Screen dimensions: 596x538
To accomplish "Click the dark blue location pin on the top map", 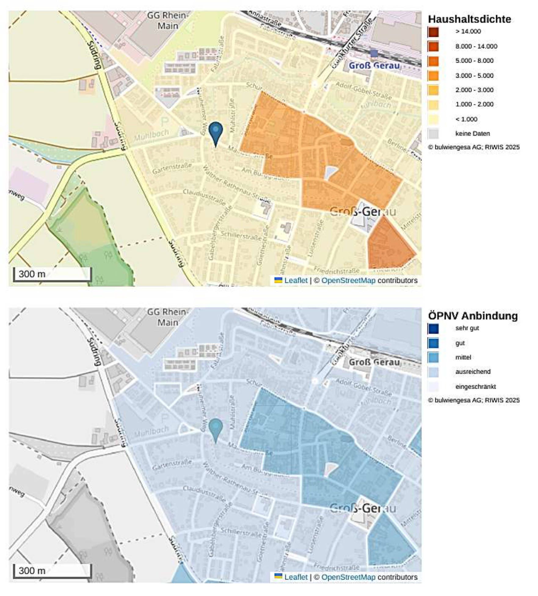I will pos(216,131).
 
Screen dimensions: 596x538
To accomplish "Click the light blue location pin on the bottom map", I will pos(216,427).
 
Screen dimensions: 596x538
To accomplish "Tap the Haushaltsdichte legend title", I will pos(469,19).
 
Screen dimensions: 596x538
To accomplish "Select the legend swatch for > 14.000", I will pos(433,32).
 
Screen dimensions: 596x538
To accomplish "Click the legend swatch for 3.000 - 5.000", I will pos(433,75).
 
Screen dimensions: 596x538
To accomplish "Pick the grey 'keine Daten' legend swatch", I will pos(433,134).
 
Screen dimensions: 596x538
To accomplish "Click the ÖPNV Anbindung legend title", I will pos(473,315).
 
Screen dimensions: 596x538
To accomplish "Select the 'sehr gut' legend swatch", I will pos(433,328).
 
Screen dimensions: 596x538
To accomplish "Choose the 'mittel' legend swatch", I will pos(433,357).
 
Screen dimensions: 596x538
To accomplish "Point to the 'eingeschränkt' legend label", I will pos(475,387).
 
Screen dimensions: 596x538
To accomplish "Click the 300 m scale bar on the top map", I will pos(52,274).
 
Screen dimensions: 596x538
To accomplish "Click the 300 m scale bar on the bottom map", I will pos(52,571).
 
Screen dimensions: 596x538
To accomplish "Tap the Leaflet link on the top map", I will pos(295,280).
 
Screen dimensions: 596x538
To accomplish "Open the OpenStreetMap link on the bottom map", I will pos(348,577).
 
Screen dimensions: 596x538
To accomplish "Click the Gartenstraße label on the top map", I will pos(172,168).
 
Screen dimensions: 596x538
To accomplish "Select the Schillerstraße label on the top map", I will pos(241,235).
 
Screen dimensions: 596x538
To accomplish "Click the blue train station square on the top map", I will pos(374,54).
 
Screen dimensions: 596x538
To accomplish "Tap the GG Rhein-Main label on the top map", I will pos(167,20).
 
